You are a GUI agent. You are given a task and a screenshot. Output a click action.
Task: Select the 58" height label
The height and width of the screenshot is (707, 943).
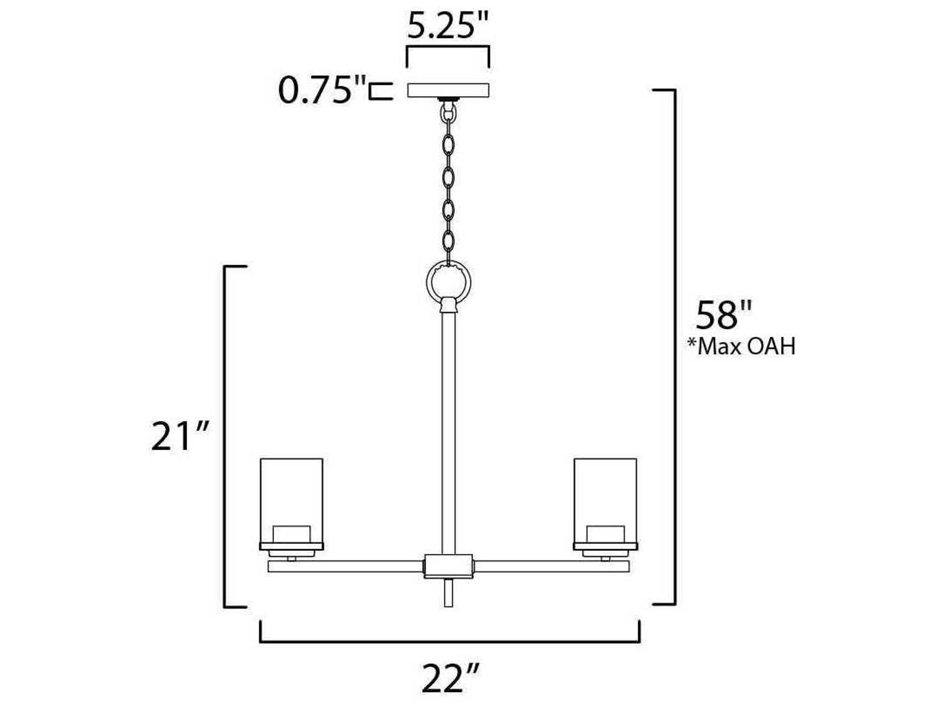point(723,316)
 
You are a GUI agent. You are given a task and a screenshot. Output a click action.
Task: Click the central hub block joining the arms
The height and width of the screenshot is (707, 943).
point(448,566)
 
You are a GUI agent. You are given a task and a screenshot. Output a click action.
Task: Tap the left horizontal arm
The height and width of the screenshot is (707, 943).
point(345,566)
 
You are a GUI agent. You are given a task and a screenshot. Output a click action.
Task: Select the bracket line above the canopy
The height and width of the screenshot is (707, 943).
point(448,48)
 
